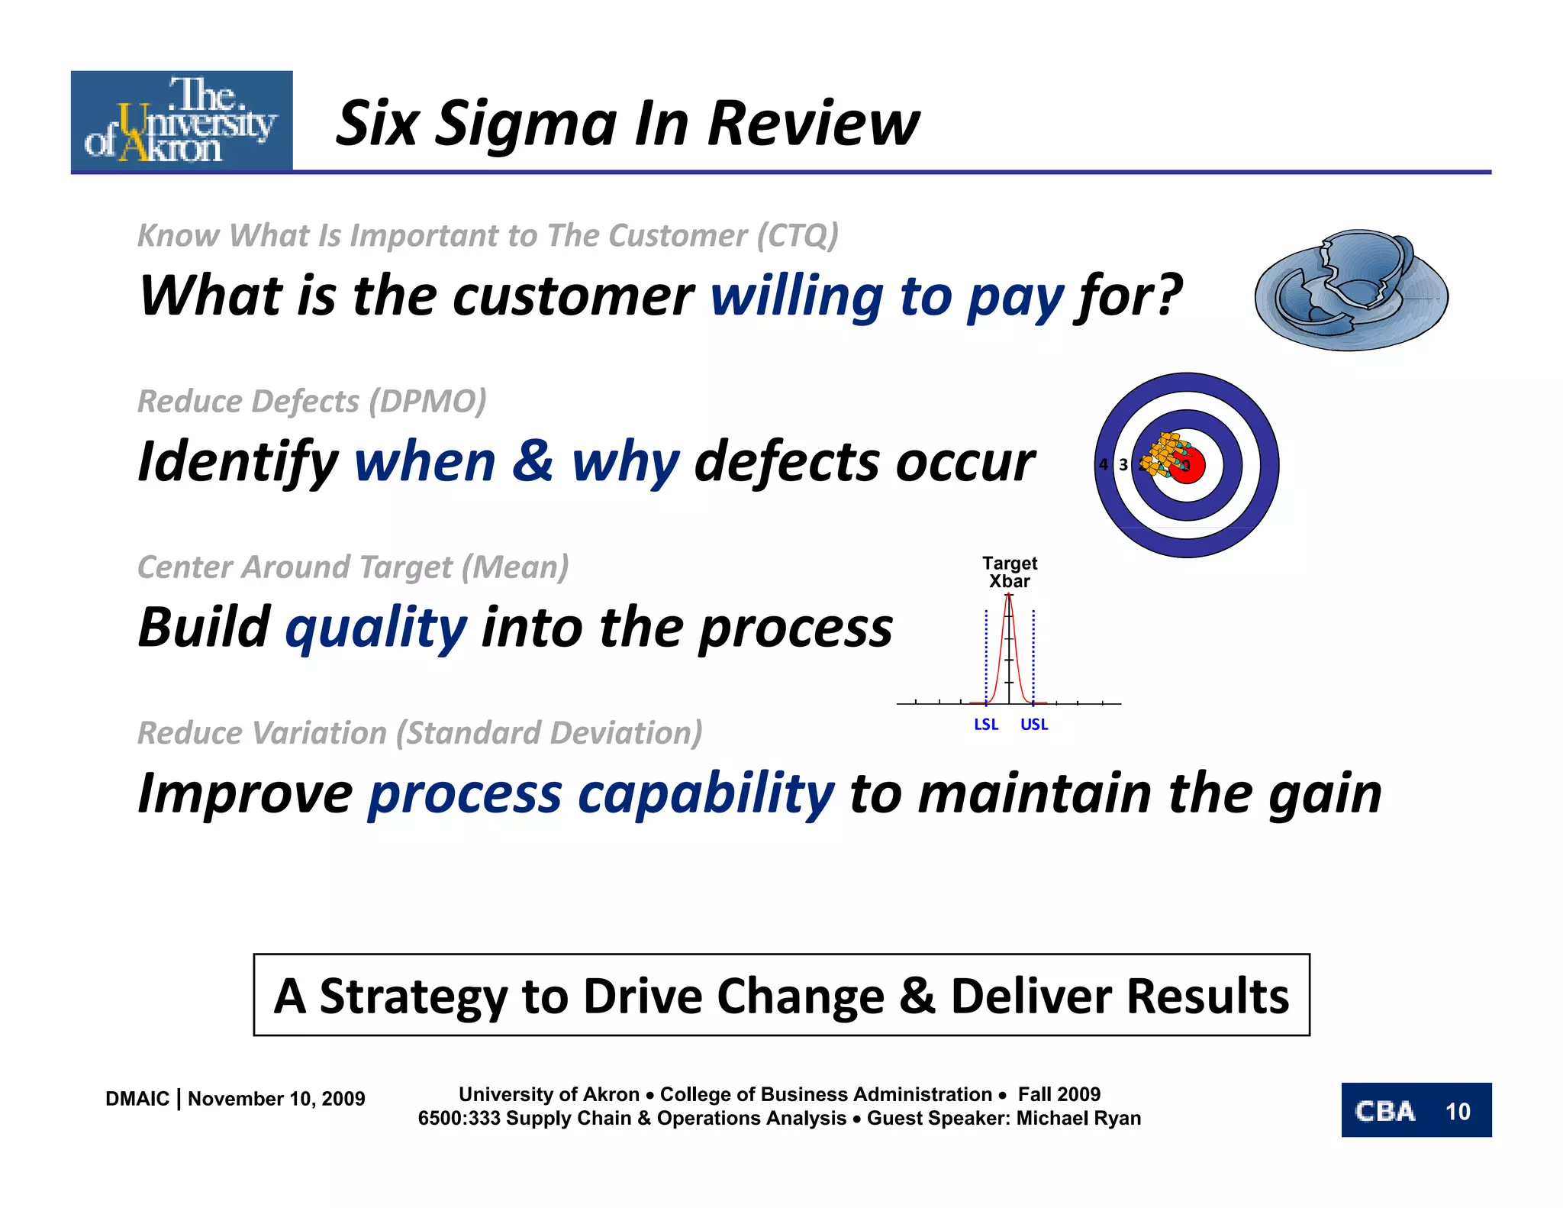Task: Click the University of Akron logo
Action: [x=182, y=120]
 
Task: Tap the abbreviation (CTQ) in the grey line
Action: [x=798, y=235]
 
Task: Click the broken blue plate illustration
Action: [x=1351, y=290]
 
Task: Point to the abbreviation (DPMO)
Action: [x=427, y=401]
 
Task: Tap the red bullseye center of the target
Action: [x=1189, y=466]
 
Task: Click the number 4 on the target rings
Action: [x=1104, y=464]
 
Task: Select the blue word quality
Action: [x=375, y=628]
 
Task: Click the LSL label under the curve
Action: [x=986, y=724]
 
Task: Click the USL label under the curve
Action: [x=1034, y=724]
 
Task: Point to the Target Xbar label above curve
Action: [x=1009, y=572]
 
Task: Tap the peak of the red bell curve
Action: [x=1009, y=596]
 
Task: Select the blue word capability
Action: [x=706, y=793]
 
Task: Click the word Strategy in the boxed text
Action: [x=413, y=996]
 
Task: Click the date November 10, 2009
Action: [x=276, y=1099]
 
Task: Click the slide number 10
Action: [x=1458, y=1111]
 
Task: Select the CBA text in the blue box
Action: [x=1384, y=1111]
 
